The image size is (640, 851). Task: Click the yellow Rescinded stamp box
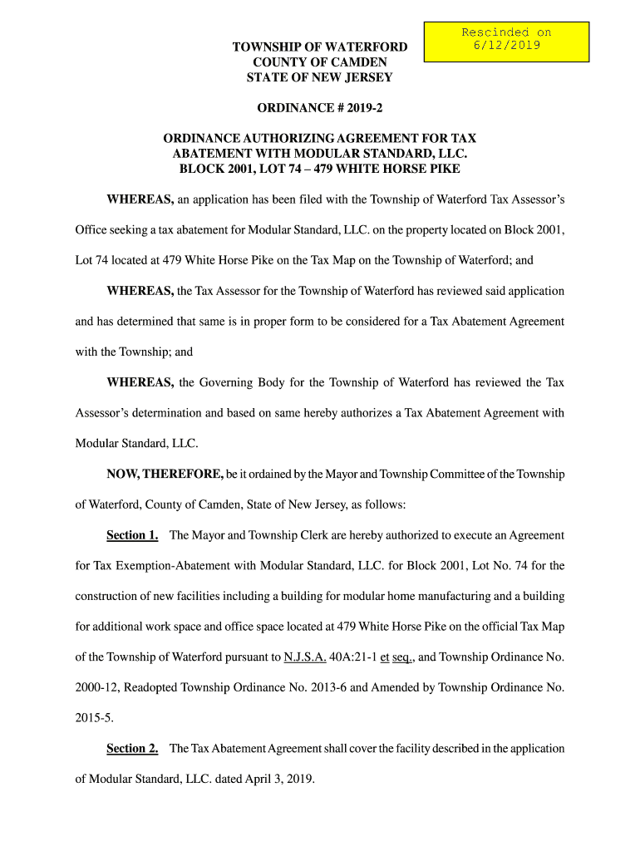pyautogui.click(x=505, y=42)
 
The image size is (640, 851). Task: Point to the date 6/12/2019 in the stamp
pyautogui.click(x=506, y=46)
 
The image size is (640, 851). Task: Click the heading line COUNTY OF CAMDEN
pyautogui.click(x=320, y=62)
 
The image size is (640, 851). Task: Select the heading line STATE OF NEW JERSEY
pyautogui.click(x=320, y=77)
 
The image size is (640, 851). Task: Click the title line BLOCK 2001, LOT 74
pyautogui.click(x=320, y=169)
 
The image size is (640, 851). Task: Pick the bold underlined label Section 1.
pyautogui.click(x=132, y=535)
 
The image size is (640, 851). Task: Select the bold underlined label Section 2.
pyautogui.click(x=132, y=749)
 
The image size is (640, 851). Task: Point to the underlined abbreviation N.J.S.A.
pyautogui.click(x=305, y=657)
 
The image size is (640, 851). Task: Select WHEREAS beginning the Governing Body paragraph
pyautogui.click(x=140, y=383)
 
